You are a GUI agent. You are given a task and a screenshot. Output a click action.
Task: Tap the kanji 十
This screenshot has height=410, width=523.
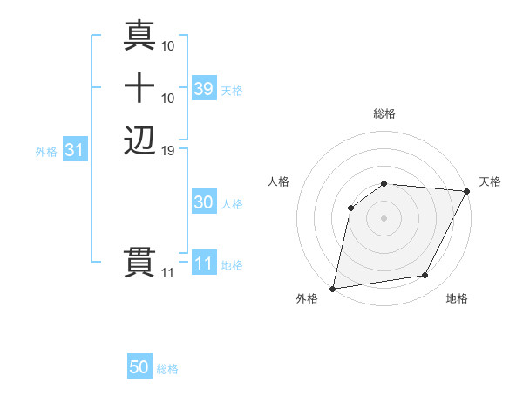point(140,87)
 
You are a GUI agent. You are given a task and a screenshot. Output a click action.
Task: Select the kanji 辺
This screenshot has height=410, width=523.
point(140,140)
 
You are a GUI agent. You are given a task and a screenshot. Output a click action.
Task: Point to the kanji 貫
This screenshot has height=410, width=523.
point(140,262)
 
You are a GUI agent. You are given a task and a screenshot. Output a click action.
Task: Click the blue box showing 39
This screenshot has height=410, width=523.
point(203,88)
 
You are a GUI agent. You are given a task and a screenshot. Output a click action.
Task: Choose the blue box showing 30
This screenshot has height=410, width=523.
point(203,202)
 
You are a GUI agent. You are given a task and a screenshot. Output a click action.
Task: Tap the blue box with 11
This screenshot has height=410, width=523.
point(203,263)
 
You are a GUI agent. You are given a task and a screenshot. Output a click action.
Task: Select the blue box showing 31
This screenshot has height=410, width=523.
point(75,150)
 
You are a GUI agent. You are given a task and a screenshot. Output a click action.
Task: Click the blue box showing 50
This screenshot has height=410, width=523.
point(139,367)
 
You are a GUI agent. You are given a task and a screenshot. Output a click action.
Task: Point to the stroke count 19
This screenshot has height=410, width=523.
point(168,151)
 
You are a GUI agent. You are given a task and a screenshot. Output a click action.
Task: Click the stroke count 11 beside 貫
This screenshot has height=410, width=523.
point(167,273)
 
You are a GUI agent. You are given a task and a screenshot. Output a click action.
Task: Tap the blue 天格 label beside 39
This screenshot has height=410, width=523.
point(232,91)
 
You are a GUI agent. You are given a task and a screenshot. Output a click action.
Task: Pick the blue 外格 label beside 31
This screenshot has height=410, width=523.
point(46,152)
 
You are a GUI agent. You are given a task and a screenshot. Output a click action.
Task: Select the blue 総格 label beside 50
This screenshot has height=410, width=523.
point(167,369)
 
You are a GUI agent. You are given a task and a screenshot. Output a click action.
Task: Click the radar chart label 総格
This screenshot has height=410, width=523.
point(384,113)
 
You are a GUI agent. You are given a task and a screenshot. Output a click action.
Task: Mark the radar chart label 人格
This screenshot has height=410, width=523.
point(279,181)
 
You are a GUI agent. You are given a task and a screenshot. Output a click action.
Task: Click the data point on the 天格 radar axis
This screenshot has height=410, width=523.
point(467,191)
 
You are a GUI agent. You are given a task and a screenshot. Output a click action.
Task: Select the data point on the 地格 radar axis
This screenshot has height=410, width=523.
point(425,275)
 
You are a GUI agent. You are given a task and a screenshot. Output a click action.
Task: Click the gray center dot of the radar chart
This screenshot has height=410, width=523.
point(384,217)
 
